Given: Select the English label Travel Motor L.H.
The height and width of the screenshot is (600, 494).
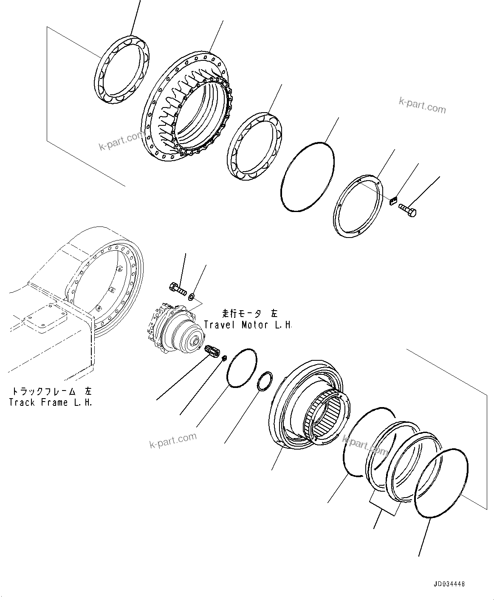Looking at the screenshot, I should click(248, 325).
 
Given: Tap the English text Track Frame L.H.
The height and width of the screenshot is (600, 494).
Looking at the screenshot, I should click(51, 402).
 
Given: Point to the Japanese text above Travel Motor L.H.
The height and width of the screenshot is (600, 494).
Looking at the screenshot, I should click(249, 314).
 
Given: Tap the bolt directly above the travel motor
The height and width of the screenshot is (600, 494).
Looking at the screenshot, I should click(178, 289).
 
